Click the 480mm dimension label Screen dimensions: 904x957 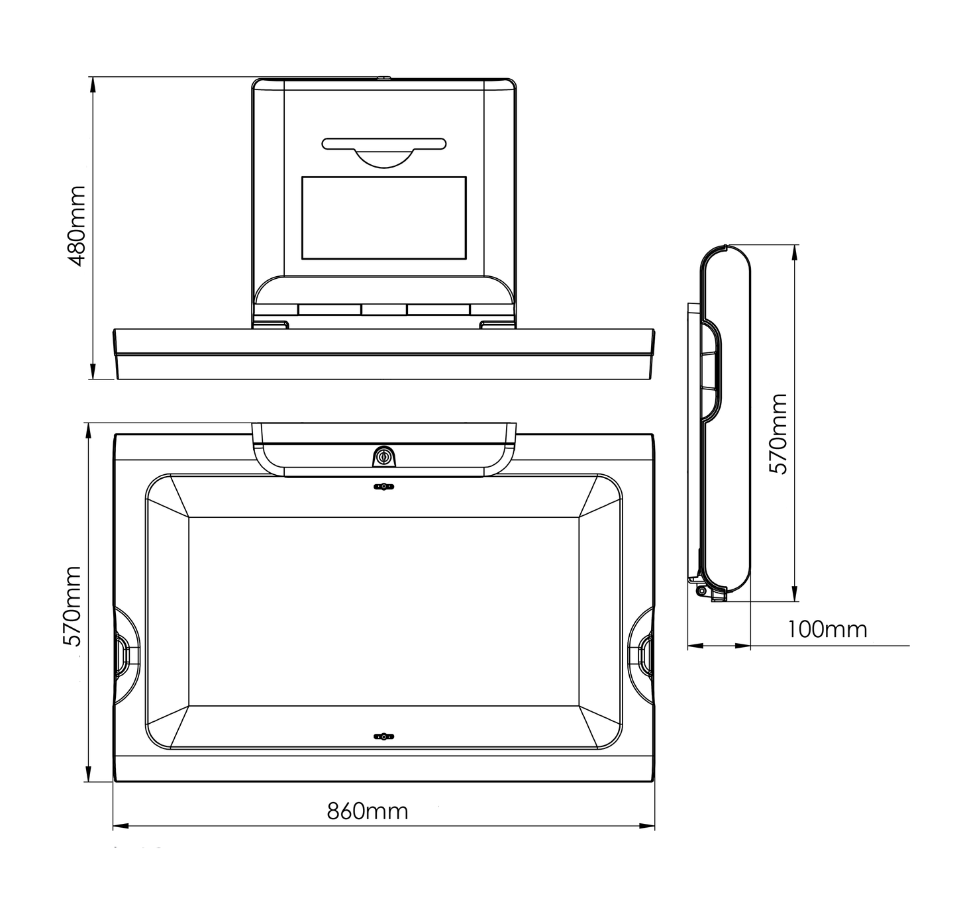77,225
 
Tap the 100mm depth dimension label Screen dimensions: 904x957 827,628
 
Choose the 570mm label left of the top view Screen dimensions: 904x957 71,606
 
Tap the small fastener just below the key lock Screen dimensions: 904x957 383,487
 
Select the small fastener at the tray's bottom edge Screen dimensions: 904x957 383,736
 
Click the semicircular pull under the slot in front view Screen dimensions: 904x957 383,159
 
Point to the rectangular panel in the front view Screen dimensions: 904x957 383,218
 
